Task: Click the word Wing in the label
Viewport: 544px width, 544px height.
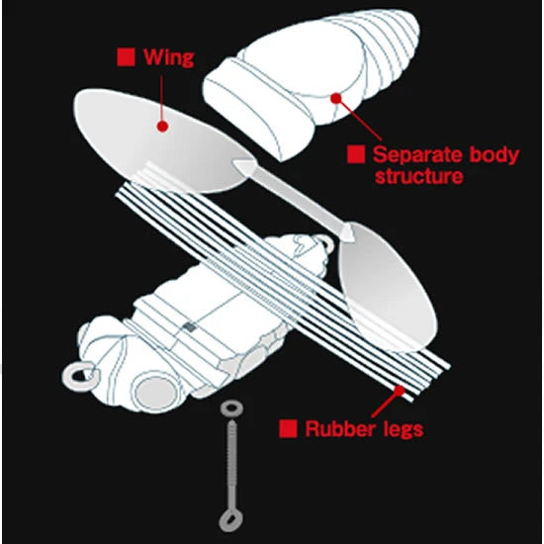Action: pyautogui.click(x=168, y=57)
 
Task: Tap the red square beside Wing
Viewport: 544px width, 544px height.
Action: pyautogui.click(x=126, y=57)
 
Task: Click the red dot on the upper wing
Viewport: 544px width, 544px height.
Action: pyautogui.click(x=162, y=126)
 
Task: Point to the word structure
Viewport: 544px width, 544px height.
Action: pyautogui.click(x=418, y=176)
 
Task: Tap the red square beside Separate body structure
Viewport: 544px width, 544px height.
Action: pyautogui.click(x=356, y=154)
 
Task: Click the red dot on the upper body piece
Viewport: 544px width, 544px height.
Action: pyautogui.click(x=335, y=98)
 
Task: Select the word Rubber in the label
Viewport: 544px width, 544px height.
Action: pyautogui.click(x=342, y=429)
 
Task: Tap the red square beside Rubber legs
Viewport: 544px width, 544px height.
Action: pyautogui.click(x=288, y=428)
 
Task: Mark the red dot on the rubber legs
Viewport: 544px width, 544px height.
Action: pyautogui.click(x=400, y=391)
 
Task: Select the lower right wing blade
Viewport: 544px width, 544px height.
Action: pyautogui.click(x=389, y=288)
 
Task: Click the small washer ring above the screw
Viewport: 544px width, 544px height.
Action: pyautogui.click(x=231, y=408)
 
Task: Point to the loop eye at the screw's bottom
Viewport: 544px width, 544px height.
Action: pyautogui.click(x=230, y=521)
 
